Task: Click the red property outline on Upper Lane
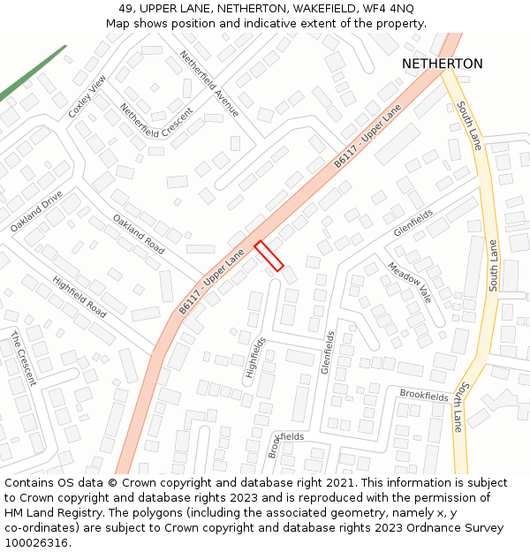click(x=269, y=255)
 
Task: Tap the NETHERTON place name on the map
click(x=442, y=64)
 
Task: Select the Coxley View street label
click(x=87, y=96)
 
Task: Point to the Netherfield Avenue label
click(x=209, y=83)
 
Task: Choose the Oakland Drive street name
click(x=36, y=211)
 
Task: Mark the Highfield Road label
click(x=79, y=297)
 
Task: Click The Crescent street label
click(x=24, y=358)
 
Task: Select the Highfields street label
click(x=255, y=358)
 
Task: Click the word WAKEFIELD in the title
click(x=322, y=8)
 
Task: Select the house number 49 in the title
click(x=125, y=8)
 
